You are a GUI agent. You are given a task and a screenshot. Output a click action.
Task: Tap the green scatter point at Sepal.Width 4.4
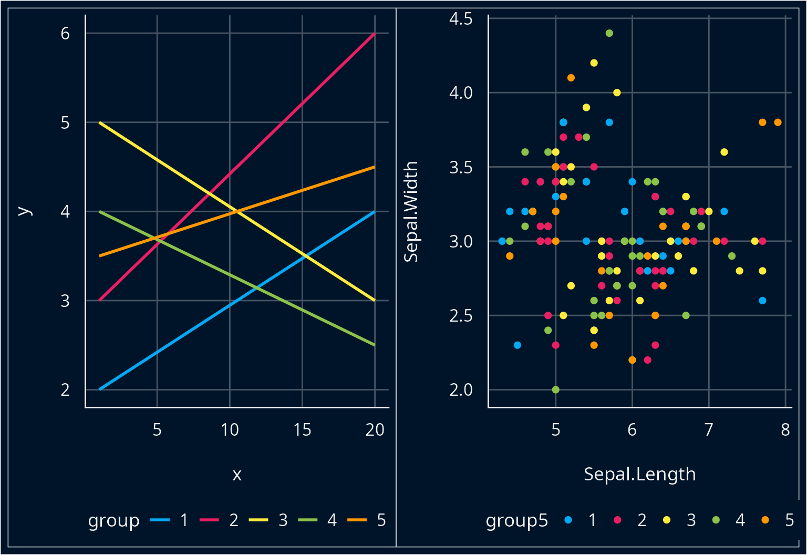coord(609,33)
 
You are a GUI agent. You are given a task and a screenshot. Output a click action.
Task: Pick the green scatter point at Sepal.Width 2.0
coord(556,389)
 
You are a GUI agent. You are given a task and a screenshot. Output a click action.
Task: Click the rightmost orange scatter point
coord(778,122)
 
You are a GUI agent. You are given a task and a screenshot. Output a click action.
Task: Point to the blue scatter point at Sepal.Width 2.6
coord(762,301)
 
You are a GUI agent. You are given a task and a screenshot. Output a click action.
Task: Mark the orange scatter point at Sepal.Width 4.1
coord(571,78)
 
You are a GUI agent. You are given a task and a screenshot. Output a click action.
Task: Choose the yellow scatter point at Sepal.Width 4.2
coord(594,63)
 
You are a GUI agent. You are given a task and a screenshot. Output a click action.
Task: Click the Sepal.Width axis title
coord(411,211)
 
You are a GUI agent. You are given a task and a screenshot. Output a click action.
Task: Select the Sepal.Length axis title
coord(639,474)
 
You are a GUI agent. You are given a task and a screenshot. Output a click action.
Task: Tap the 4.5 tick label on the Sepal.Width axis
coord(461,19)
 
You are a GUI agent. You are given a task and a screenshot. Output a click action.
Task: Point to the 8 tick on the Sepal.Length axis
coord(785,430)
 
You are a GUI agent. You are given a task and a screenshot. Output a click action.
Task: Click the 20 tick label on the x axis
coord(375,430)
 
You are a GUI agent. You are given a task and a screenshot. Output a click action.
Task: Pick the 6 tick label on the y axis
coord(65,34)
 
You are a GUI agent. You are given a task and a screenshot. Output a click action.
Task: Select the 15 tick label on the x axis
coord(302,430)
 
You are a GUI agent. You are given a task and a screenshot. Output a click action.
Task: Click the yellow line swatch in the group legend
coord(258,520)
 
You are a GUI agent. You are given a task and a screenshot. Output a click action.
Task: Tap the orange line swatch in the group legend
coord(357,520)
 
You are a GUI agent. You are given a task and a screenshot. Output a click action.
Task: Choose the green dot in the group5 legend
coord(716,520)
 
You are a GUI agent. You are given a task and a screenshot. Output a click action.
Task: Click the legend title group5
coord(516,520)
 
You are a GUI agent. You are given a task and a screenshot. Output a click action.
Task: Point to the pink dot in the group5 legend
coord(617,520)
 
